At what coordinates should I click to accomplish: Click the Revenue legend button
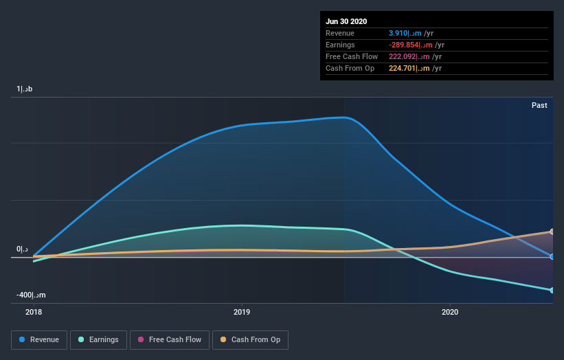(x=40, y=339)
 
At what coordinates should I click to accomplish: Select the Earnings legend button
(x=98, y=339)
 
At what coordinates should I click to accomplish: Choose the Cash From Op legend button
(x=250, y=339)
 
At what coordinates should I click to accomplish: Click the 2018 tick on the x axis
(x=33, y=312)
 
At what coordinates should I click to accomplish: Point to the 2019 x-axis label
(x=241, y=312)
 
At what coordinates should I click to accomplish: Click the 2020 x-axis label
(x=449, y=312)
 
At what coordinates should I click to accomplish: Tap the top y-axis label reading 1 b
(x=25, y=89)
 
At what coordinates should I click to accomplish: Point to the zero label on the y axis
(x=23, y=249)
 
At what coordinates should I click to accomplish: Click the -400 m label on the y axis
(x=32, y=295)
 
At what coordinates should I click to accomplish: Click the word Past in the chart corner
(x=539, y=105)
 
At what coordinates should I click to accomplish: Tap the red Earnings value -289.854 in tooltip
(x=409, y=45)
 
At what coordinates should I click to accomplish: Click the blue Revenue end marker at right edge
(x=552, y=256)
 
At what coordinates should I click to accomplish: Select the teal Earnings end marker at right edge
(x=552, y=290)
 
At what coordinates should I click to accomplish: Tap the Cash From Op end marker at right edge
(x=552, y=232)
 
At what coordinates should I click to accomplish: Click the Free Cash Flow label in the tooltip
(x=350, y=56)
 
